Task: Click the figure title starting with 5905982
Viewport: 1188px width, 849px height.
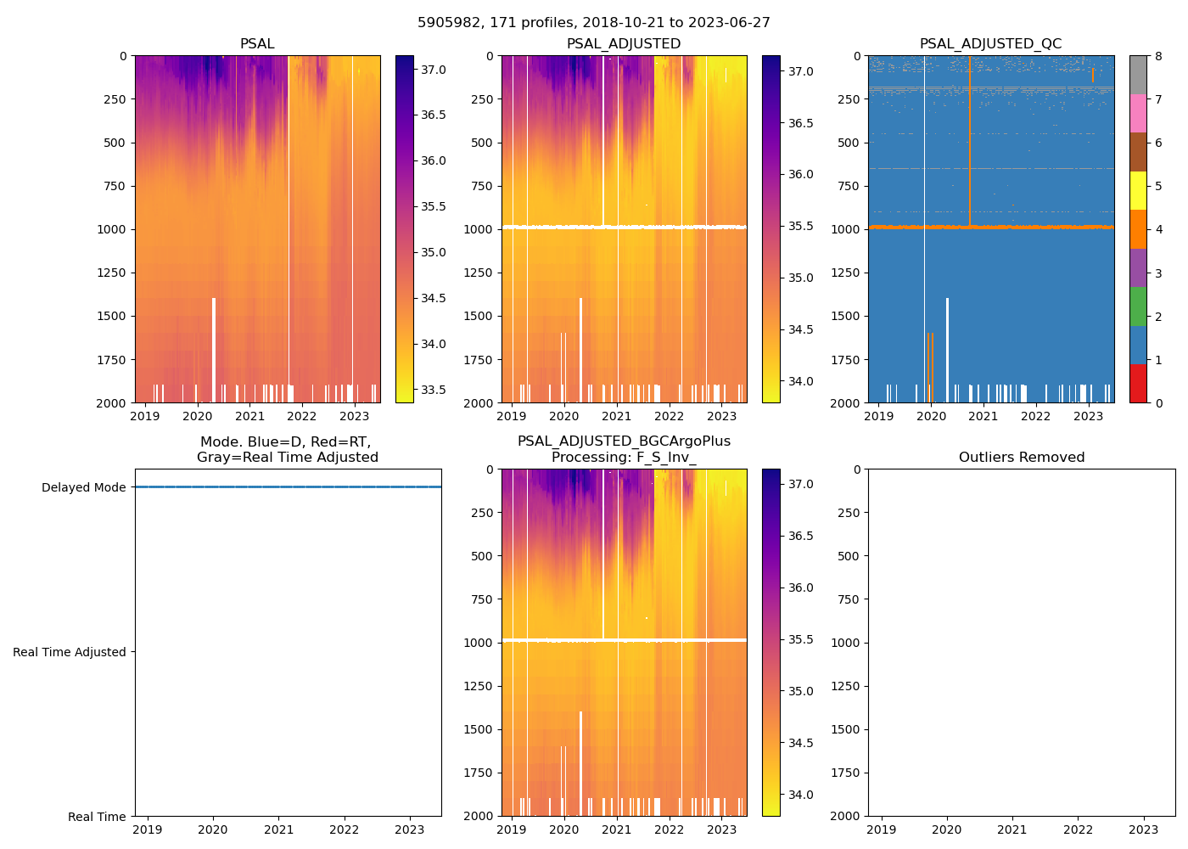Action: [594, 23]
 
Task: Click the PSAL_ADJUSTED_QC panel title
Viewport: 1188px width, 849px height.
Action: [990, 44]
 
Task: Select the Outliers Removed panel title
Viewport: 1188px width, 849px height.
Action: [1021, 458]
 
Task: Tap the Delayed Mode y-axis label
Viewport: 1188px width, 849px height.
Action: [83, 487]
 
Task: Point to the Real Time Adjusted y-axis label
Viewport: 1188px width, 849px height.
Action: [70, 652]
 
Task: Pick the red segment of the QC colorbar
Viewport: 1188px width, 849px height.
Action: [1138, 383]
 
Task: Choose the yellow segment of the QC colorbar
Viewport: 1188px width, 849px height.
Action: [1138, 190]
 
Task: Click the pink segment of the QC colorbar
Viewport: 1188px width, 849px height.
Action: [1138, 113]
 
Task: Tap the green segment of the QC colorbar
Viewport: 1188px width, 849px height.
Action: [1138, 306]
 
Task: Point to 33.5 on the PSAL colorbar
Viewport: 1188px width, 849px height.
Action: [434, 390]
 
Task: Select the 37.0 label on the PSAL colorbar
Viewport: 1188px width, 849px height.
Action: [434, 70]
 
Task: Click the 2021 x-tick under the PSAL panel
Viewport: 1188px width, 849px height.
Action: [249, 416]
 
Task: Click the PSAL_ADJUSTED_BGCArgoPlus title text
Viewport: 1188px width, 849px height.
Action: [624, 441]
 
